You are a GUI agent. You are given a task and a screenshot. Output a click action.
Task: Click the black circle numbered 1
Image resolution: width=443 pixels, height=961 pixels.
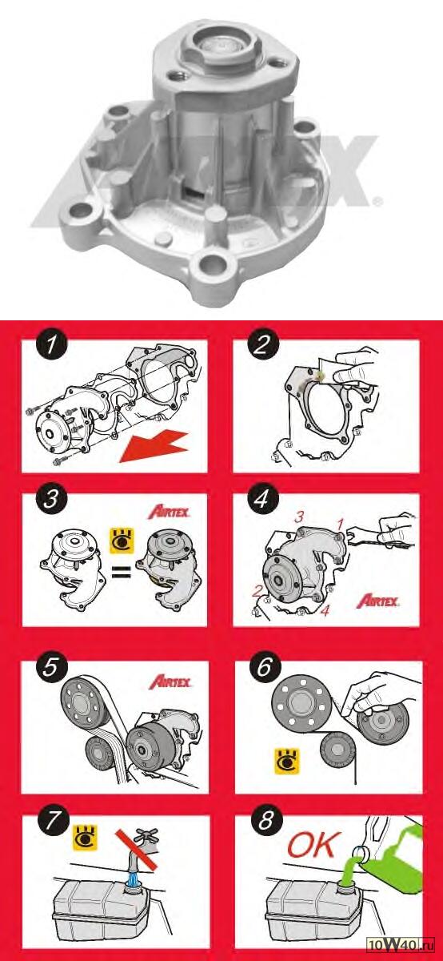pyautogui.click(x=52, y=345)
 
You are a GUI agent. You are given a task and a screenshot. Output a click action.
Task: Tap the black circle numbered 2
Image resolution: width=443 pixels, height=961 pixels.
pyautogui.click(x=262, y=345)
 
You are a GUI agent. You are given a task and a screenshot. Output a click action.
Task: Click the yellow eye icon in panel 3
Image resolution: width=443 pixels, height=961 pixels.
pyautogui.click(x=122, y=541)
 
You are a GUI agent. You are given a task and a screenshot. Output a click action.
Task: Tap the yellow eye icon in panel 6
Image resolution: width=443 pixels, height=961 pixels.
pyautogui.click(x=286, y=761)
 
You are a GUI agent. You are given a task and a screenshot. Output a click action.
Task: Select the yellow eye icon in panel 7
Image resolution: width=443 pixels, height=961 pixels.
pyautogui.click(x=86, y=838)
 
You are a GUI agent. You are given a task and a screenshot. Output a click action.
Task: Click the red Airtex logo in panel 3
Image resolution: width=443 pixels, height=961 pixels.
pyautogui.click(x=169, y=512)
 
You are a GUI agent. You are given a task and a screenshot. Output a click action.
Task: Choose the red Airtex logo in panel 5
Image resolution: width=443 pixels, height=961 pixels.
pyautogui.click(x=170, y=682)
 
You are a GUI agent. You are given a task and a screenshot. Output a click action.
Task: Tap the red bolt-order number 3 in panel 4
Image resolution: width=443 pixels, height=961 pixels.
pyautogui.click(x=298, y=517)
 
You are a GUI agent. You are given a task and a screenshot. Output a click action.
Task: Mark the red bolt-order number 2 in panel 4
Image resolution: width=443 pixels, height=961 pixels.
pyautogui.click(x=257, y=592)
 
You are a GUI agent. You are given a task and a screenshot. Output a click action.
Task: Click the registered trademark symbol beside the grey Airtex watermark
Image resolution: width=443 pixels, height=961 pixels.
pyautogui.click(x=377, y=200)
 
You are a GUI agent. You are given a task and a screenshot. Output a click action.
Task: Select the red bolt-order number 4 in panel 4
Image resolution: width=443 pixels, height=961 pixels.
pyautogui.click(x=325, y=610)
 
